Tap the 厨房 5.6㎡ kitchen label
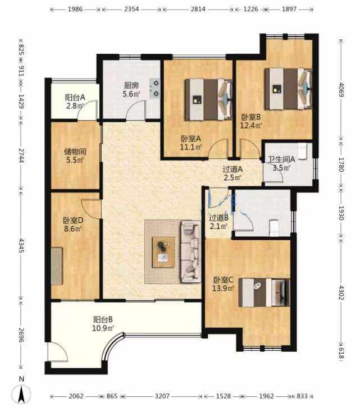(x=131, y=89)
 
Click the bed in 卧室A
(x=208, y=100)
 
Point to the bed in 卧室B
(x=288, y=89)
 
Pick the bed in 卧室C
(x=264, y=292)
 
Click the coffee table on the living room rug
(x=163, y=252)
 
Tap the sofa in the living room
(x=191, y=251)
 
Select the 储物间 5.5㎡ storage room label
(x=75, y=155)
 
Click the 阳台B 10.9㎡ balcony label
(x=103, y=324)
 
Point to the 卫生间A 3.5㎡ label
(x=281, y=163)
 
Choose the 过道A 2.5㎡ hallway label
(x=233, y=173)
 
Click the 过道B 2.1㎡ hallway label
(x=218, y=222)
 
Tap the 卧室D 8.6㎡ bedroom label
(x=73, y=224)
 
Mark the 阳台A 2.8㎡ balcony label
(x=75, y=102)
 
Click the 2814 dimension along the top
(x=198, y=9)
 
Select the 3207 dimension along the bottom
(x=162, y=396)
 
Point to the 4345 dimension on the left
(x=21, y=245)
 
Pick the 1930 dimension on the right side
(x=341, y=213)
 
